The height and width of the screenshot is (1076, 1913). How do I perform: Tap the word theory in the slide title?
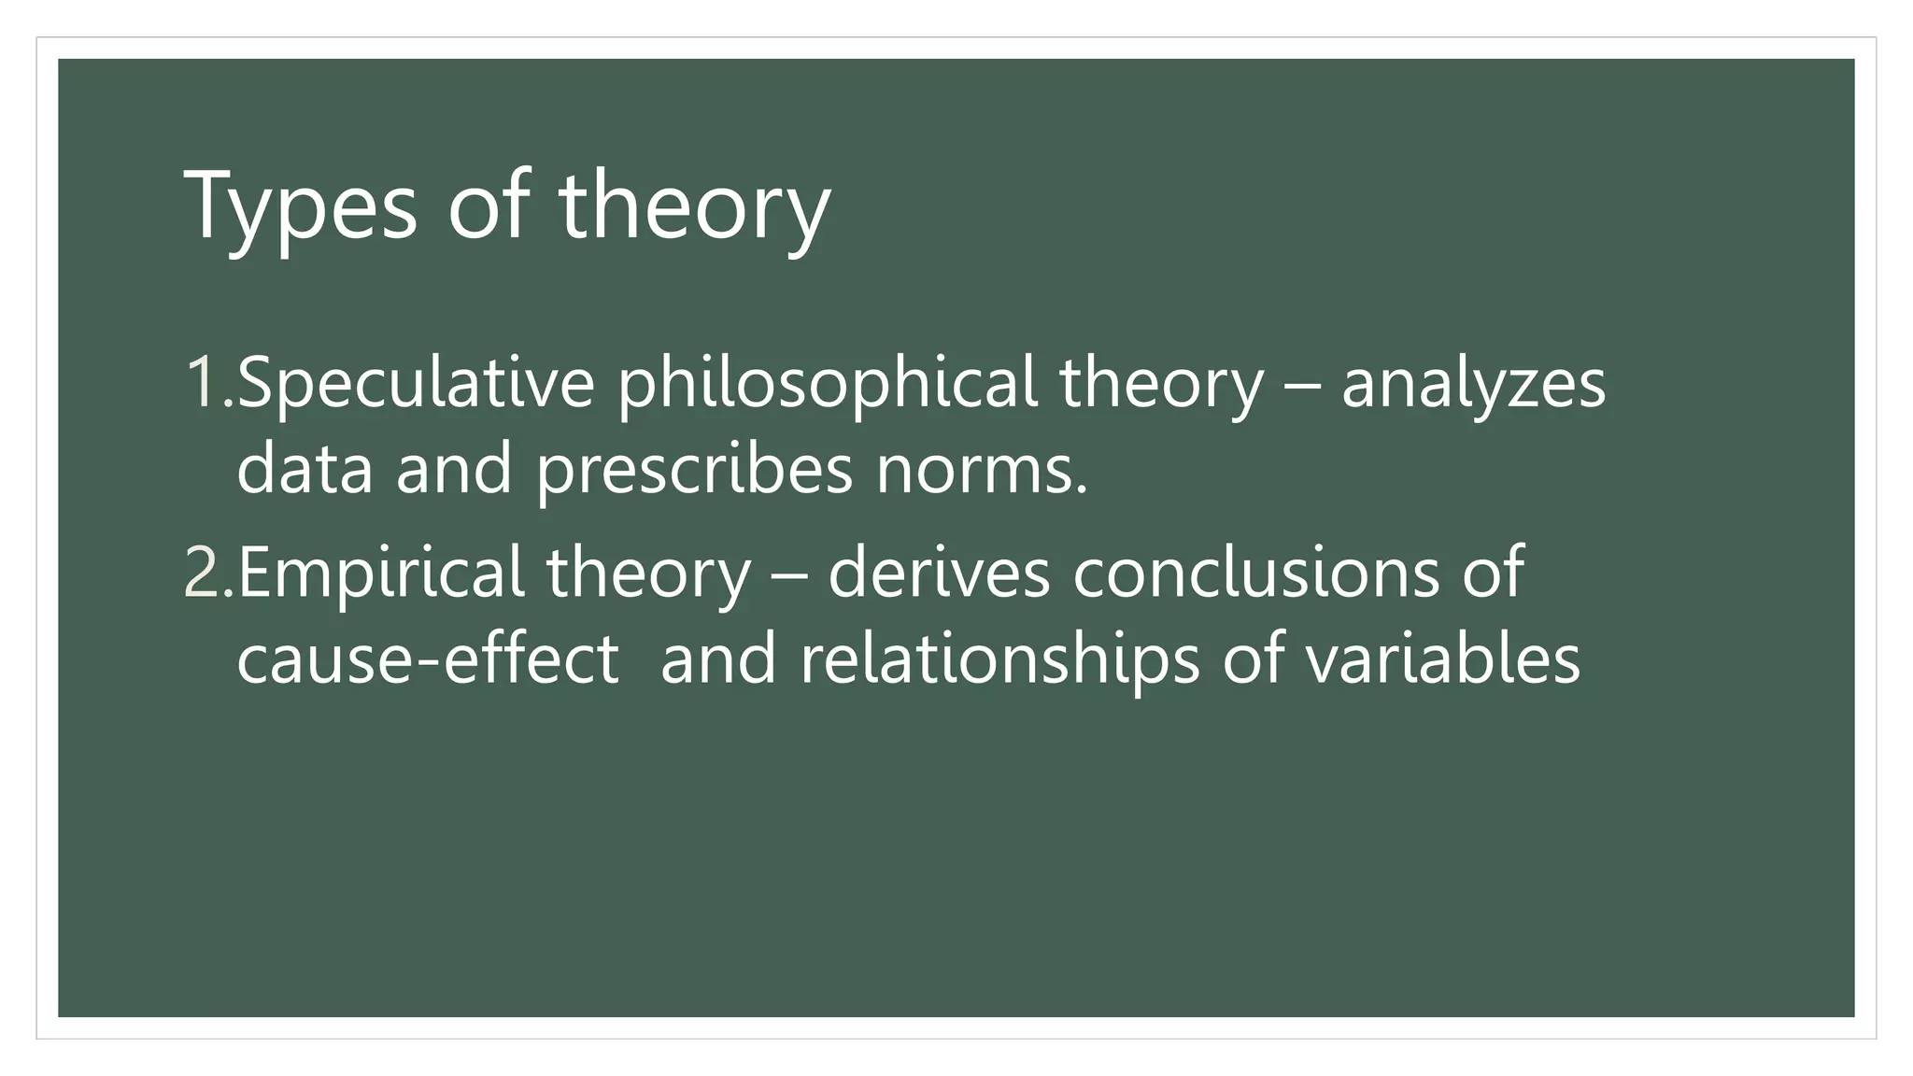694,207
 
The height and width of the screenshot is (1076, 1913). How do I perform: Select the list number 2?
206,572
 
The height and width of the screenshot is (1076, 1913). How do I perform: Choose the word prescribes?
694,470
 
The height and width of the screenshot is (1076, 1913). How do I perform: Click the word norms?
981,470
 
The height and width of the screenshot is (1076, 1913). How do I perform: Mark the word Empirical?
380,573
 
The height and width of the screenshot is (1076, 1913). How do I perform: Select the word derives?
939,572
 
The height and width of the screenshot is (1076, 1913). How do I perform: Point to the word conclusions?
1256,572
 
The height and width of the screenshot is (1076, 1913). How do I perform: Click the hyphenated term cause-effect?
428,658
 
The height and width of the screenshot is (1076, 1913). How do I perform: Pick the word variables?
1442,658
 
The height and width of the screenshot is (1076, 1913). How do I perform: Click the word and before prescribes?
454,468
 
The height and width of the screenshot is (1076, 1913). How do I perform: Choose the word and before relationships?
717,658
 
